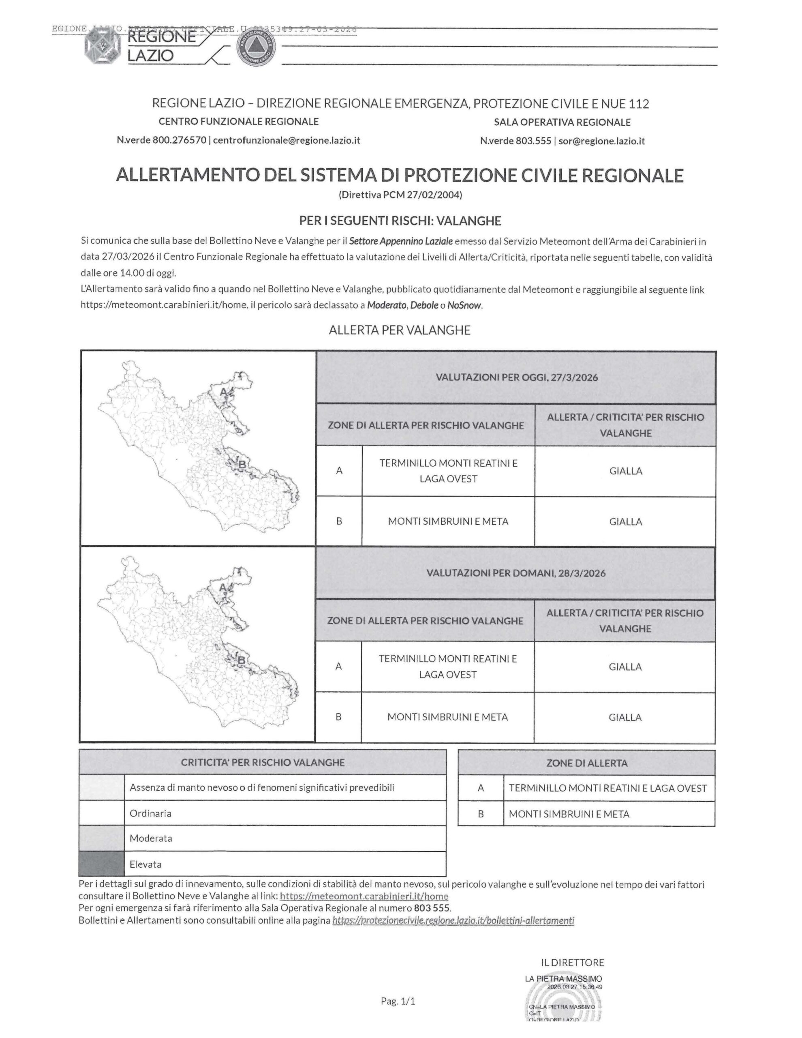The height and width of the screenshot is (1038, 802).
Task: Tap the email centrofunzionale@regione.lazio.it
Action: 287,140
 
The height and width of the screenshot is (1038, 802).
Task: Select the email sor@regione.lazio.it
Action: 601,141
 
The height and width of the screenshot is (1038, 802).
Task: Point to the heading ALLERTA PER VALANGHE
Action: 400,330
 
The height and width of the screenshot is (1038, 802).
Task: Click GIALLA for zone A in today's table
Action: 625,471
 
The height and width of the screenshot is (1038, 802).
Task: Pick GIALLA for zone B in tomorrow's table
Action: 625,717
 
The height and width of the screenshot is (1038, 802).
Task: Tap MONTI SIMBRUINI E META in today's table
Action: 448,521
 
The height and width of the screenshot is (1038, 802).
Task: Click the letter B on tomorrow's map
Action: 242,660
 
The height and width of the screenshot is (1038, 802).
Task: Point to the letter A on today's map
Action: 223,392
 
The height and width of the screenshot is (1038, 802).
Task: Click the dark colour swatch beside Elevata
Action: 102,864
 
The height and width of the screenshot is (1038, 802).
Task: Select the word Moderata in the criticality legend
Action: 151,838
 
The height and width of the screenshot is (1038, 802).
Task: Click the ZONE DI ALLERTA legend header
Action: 587,763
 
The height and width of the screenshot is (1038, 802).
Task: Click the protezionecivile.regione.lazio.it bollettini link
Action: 453,920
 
